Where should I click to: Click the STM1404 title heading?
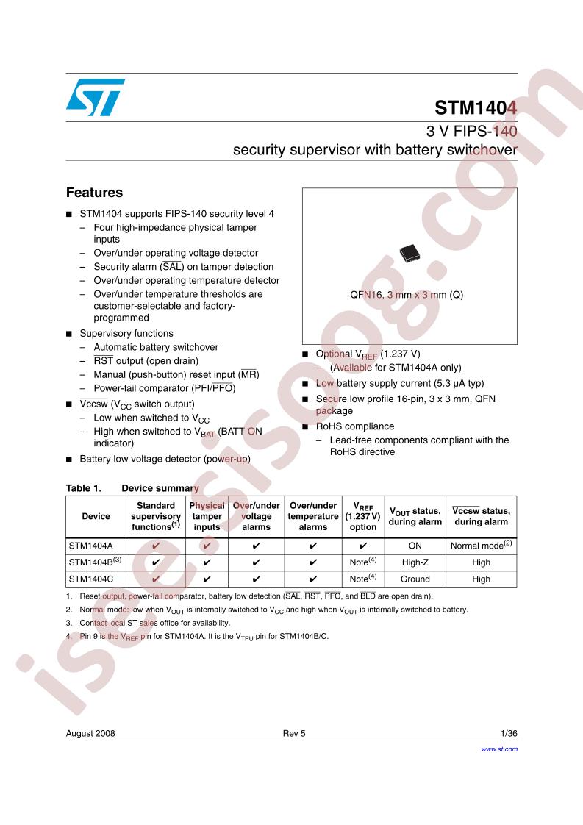click(476, 108)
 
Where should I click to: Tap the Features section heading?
click(94, 193)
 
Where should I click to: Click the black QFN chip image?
click(409, 253)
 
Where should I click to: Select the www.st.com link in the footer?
click(499, 749)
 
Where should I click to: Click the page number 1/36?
click(509, 734)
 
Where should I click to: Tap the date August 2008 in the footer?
click(90, 734)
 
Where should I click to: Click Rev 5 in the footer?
click(293, 734)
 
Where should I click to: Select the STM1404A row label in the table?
click(87, 546)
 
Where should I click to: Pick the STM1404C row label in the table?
click(87, 579)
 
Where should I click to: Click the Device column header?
click(96, 516)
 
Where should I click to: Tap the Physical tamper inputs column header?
click(207, 516)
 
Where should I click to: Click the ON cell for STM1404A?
click(415, 546)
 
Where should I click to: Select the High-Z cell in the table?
click(415, 562)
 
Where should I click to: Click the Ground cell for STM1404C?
click(415, 579)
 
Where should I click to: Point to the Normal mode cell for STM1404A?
click(481, 546)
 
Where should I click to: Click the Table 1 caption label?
click(82, 488)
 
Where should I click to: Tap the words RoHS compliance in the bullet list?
click(355, 426)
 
